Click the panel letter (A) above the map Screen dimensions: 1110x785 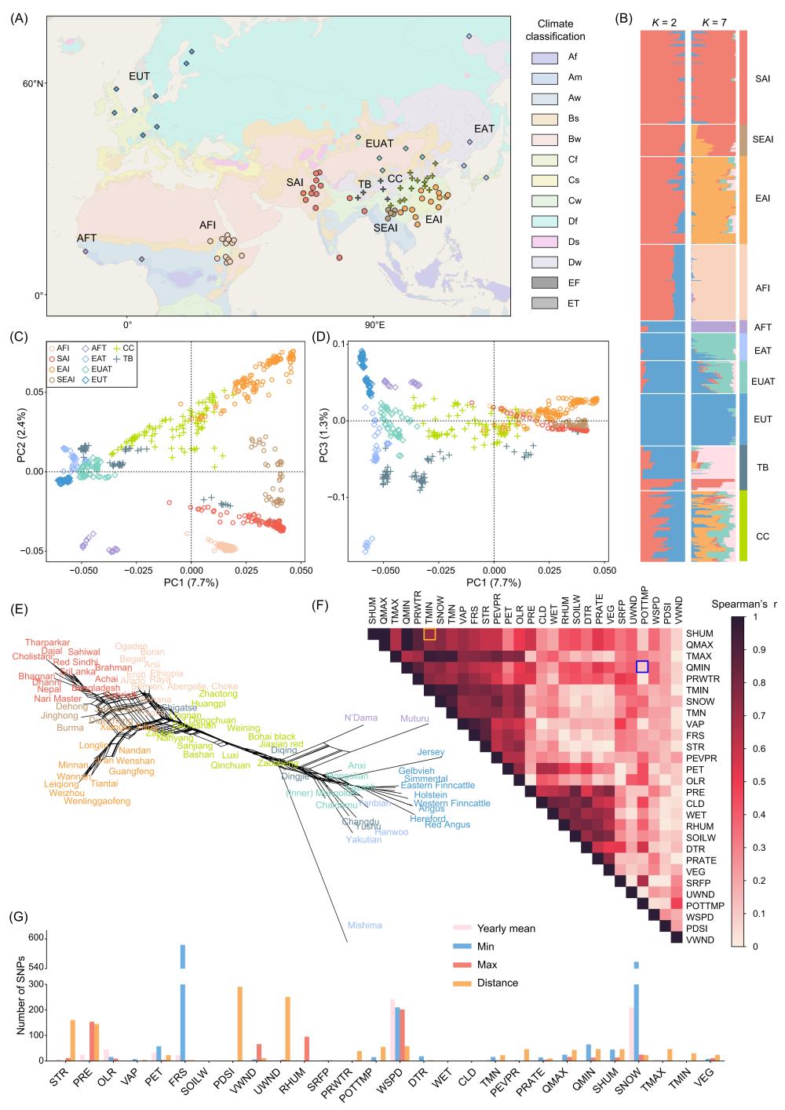tap(19, 18)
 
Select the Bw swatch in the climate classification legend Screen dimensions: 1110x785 tap(545, 139)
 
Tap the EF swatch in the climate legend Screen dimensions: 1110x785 tap(545, 283)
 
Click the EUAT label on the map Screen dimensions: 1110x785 tap(379, 144)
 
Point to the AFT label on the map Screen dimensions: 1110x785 tap(86, 238)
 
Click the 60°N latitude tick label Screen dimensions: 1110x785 tap(33, 84)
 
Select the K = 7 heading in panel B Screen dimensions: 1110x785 tap(714, 22)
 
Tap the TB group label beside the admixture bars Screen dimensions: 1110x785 tap(762, 468)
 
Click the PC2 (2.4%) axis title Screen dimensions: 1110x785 tap(21, 435)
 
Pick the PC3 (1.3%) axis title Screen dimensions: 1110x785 tap(323, 435)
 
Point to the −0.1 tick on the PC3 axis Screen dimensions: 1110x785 tap(338, 497)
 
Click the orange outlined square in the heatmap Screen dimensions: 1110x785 tap(429, 634)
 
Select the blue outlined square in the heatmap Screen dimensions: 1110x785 tap(642, 666)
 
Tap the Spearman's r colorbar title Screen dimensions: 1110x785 tap(743, 604)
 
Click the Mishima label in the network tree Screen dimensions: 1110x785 tap(364, 926)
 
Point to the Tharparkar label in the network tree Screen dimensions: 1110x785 tap(47, 643)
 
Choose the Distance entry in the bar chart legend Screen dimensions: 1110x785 tap(498, 983)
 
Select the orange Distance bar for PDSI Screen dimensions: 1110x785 tap(240, 1024)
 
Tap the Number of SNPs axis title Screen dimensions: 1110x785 tap(21, 995)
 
